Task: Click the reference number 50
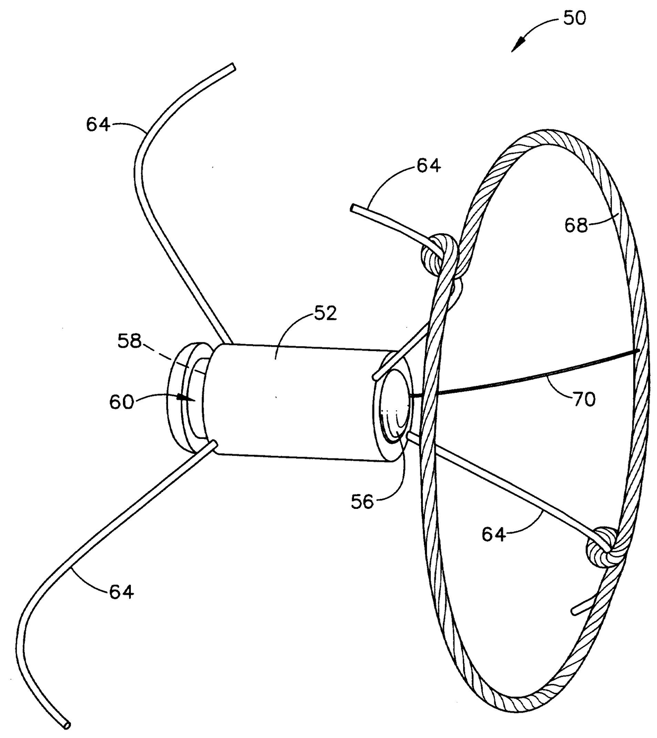(x=574, y=19)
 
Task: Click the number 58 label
(x=130, y=341)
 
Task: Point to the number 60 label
(x=121, y=401)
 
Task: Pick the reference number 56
(x=362, y=501)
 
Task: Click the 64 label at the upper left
(x=98, y=125)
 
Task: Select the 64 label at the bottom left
(x=121, y=591)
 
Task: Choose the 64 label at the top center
(x=428, y=166)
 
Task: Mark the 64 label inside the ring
(x=493, y=534)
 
